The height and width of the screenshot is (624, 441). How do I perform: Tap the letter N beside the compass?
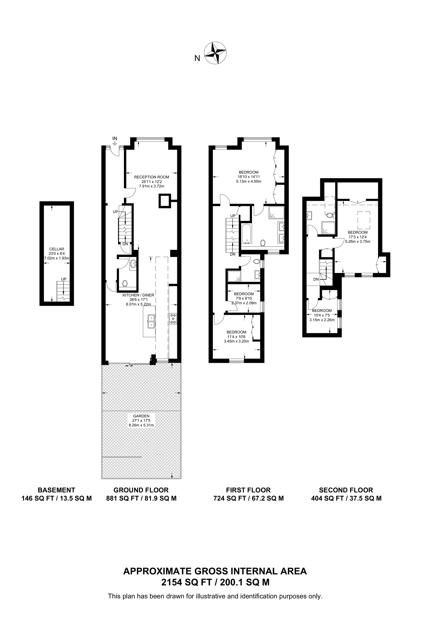coord(197,58)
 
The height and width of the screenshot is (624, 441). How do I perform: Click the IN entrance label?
coord(115,139)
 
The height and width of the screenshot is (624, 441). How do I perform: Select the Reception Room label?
coord(151,177)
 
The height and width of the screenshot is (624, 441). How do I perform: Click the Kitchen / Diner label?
coord(138,295)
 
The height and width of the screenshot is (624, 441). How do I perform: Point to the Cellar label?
coord(57,249)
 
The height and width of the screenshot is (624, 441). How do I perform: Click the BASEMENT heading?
coord(57,490)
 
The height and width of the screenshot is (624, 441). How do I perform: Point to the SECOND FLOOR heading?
coord(346,490)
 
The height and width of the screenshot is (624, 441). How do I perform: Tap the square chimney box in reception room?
coord(164,201)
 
